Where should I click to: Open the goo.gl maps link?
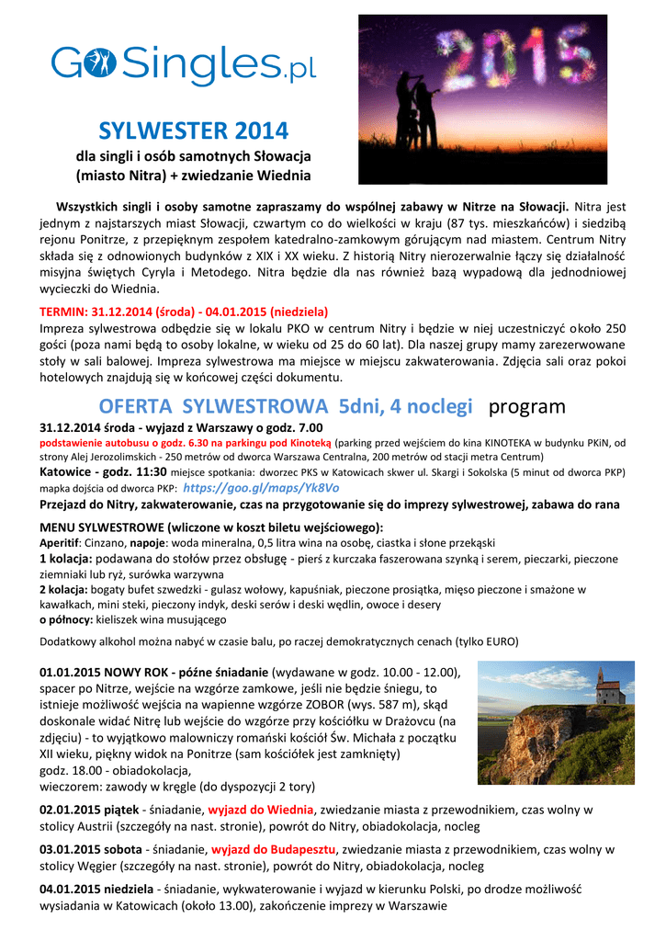click(x=262, y=488)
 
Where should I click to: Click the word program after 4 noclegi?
click(x=526, y=406)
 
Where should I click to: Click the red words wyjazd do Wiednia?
click(x=261, y=810)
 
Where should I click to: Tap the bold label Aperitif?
click(x=64, y=543)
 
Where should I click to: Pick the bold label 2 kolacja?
click(x=66, y=589)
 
